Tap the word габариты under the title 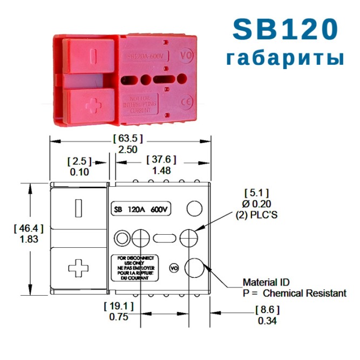click(x=285, y=58)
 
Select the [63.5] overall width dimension click(x=128, y=138)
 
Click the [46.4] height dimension click(x=28, y=228)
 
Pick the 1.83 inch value click(x=28, y=240)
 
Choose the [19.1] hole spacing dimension click(x=118, y=306)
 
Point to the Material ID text click(x=266, y=282)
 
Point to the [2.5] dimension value click(x=79, y=161)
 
